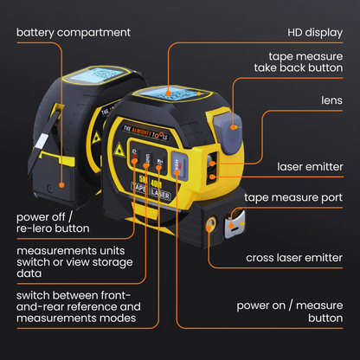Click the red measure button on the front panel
[179, 164]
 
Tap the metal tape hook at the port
[231, 228]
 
